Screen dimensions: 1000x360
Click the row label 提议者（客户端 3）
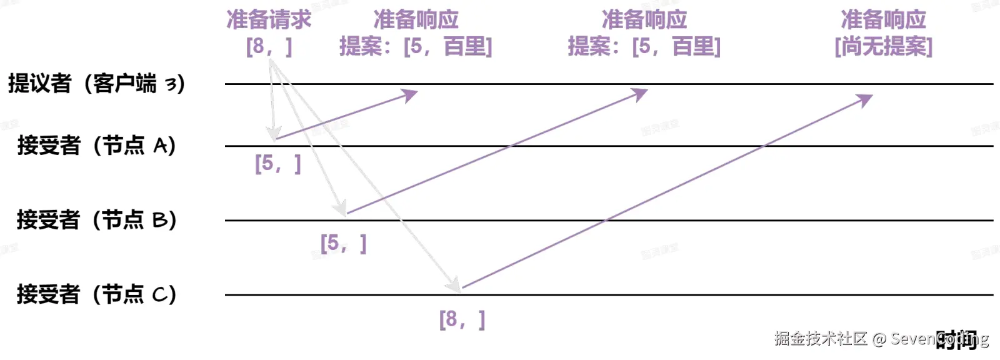[x=96, y=83]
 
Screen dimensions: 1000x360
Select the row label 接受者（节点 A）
[x=96, y=146]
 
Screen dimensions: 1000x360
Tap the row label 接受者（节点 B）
[x=96, y=220]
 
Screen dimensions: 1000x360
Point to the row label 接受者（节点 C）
[x=96, y=294]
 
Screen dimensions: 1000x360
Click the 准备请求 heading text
[x=269, y=20]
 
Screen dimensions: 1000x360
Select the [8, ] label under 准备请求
[x=269, y=46]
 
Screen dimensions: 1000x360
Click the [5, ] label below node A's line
[x=278, y=164]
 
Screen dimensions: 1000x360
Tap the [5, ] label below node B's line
[x=343, y=243]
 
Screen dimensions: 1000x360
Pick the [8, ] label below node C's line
[x=462, y=319]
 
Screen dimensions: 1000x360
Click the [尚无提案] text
[x=883, y=46]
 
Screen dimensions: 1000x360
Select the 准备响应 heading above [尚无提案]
[x=883, y=20]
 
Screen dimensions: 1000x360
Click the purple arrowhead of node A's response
[x=411, y=95]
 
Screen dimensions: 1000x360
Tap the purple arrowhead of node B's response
[x=641, y=94]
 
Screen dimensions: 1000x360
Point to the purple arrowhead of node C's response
[x=865, y=99]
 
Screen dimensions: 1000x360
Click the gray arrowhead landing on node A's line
[x=273, y=133]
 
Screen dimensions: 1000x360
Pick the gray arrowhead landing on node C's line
[x=453, y=284]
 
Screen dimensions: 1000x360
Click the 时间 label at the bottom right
[x=956, y=339]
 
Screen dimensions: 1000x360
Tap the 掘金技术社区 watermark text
[x=820, y=339]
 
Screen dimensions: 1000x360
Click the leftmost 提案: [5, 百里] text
[x=416, y=46]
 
